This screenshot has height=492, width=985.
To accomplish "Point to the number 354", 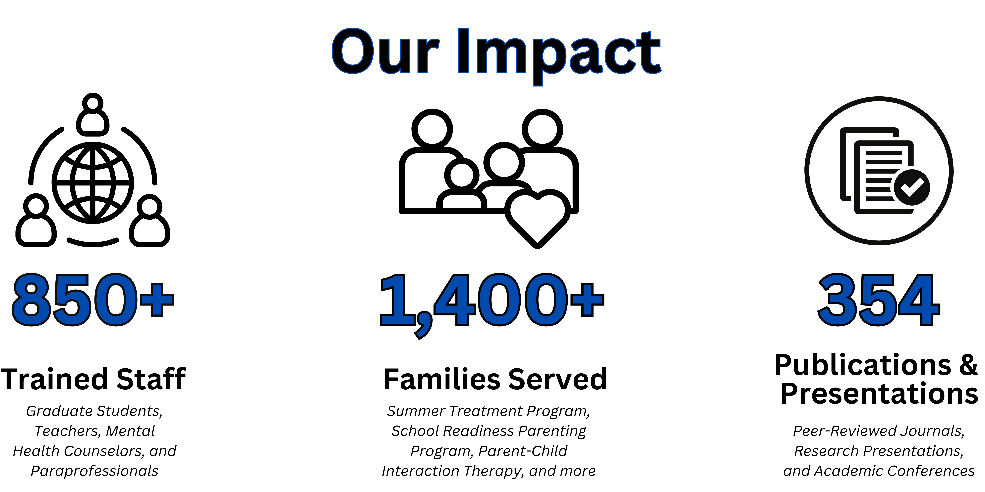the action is click(879, 300).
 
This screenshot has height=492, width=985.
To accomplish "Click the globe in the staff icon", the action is click(93, 183).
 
